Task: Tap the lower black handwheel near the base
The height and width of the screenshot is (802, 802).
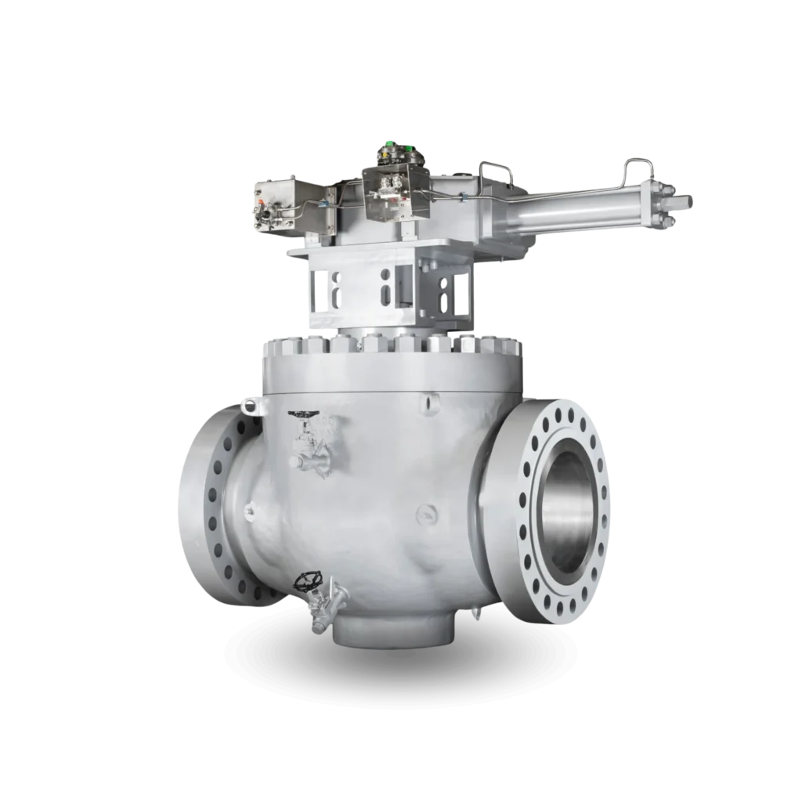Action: [306, 580]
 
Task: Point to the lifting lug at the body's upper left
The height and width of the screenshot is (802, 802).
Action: [249, 406]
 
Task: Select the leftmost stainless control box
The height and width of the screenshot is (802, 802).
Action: [272, 206]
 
